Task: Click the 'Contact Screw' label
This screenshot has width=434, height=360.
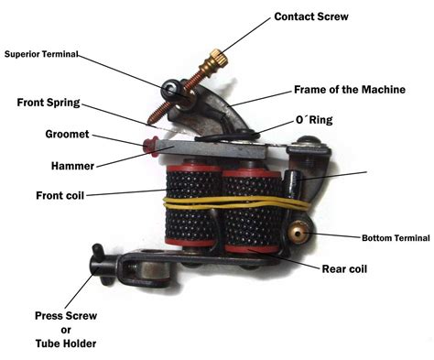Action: click(x=311, y=16)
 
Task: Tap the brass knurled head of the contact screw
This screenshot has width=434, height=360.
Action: click(x=219, y=58)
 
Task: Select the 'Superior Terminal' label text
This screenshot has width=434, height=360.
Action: click(x=41, y=54)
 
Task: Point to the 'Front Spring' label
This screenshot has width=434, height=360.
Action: click(x=49, y=103)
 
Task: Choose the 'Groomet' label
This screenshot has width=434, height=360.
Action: click(x=67, y=134)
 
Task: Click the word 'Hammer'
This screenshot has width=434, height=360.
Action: click(x=72, y=166)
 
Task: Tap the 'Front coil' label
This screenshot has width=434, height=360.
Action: click(x=60, y=195)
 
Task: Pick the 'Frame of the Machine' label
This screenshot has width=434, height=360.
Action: click(x=350, y=90)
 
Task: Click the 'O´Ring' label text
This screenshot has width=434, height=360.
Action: click(x=314, y=120)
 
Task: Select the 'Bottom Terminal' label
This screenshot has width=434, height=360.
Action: click(x=396, y=238)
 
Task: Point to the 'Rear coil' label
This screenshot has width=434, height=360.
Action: click(x=344, y=269)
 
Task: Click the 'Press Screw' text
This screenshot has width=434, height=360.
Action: click(x=66, y=316)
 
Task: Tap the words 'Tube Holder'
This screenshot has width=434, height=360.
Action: click(x=66, y=344)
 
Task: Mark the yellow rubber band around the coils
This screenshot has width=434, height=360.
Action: click(x=236, y=202)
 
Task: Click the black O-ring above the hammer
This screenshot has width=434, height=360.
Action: click(x=227, y=136)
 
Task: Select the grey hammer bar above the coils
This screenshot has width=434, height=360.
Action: click(x=213, y=148)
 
